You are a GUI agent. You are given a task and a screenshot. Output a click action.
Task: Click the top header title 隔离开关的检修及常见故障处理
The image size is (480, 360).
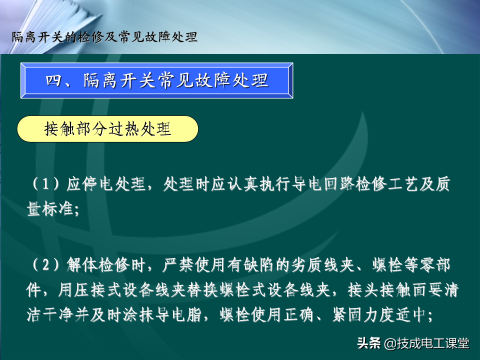click(x=104, y=37)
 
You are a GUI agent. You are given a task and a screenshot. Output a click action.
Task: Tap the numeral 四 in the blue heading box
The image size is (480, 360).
click(x=53, y=80)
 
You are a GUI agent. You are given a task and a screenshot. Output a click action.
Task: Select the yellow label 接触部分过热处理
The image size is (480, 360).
click(x=107, y=129)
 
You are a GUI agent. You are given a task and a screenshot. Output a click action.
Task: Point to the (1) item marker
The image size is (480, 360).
click(x=46, y=184)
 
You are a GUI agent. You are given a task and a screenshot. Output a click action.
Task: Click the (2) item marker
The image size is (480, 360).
click(x=46, y=265)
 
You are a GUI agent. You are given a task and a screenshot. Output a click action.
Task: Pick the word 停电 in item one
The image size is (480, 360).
click(x=98, y=184)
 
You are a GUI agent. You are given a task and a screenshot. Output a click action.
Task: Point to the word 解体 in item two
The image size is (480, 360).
click(x=81, y=265)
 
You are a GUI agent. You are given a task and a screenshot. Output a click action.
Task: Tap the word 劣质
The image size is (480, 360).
click(x=306, y=265)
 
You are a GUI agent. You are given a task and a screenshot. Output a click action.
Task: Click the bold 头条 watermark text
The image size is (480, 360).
click(x=369, y=343)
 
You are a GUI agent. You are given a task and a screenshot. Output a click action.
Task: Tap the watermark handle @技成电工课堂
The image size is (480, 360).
click(x=426, y=343)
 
